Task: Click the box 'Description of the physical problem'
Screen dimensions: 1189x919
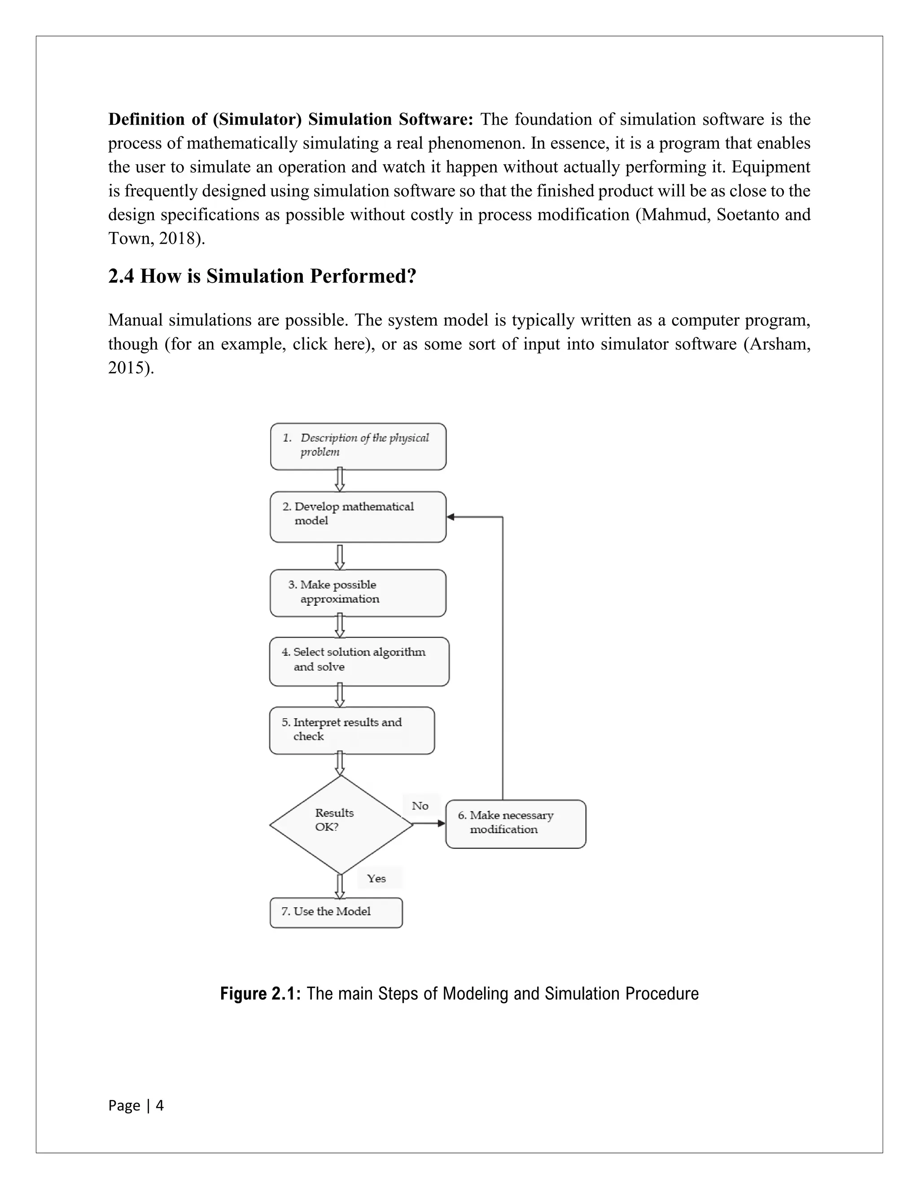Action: point(358,446)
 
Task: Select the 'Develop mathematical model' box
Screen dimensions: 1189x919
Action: point(358,516)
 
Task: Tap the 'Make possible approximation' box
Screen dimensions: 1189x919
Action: point(358,593)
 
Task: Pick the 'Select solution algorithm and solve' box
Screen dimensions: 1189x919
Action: point(359,661)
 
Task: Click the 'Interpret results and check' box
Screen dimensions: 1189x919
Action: point(352,730)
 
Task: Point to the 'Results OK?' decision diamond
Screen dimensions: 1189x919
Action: point(341,824)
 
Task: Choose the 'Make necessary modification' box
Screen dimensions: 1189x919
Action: point(515,824)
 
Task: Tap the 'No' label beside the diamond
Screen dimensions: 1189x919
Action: point(420,806)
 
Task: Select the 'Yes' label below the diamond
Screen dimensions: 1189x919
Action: point(376,878)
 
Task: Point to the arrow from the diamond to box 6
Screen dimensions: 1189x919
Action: point(429,824)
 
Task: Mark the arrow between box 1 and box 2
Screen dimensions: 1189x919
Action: point(340,480)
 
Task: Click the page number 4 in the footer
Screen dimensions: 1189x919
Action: point(159,1105)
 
